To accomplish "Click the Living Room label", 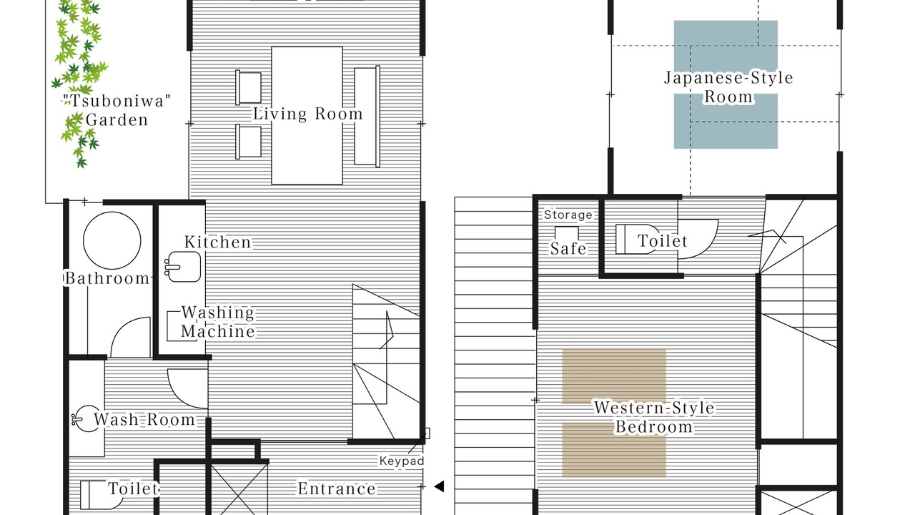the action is [308, 114].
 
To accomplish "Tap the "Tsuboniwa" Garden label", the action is [117, 110].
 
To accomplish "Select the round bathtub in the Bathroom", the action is [112, 240].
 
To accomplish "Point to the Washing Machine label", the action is [218, 322].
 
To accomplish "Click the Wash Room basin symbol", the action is [85, 418].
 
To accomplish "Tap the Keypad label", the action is [402, 461].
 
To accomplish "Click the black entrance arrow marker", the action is [439, 486].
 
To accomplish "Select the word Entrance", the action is [337, 489].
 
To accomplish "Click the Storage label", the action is [568, 215].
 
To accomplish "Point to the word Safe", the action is [568, 248].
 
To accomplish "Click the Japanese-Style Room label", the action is [728, 87].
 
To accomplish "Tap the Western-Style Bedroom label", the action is [654, 417].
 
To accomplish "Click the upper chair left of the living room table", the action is [248, 87].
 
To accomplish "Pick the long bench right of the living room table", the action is [367, 116].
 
